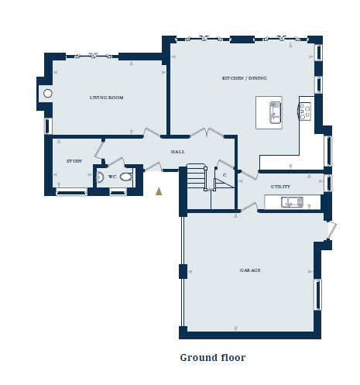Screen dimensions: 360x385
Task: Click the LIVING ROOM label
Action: click(106, 98)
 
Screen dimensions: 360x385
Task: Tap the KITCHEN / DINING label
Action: click(245, 78)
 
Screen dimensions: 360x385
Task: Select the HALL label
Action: click(178, 152)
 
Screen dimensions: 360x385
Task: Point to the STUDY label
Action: click(74, 161)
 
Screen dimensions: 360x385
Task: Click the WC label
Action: click(112, 177)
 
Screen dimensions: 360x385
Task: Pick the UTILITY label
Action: click(280, 187)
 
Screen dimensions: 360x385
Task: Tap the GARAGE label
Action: click(250, 270)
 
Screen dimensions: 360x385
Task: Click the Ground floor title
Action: click(213, 358)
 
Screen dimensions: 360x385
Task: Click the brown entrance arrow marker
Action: click(159, 191)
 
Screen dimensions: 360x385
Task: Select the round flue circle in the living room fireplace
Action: click(48, 93)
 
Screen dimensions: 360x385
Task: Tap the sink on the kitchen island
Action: click(276, 112)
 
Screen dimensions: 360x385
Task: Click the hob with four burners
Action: click(304, 111)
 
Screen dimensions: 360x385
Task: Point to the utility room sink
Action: click(292, 202)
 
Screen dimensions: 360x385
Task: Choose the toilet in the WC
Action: click(126, 177)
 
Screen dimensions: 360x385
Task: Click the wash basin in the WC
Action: click(100, 177)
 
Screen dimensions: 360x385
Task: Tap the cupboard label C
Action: click(225, 175)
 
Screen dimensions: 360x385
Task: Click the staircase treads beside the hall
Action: click(196, 177)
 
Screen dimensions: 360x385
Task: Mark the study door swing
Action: click(99, 150)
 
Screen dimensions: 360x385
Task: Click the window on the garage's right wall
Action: click(318, 294)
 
